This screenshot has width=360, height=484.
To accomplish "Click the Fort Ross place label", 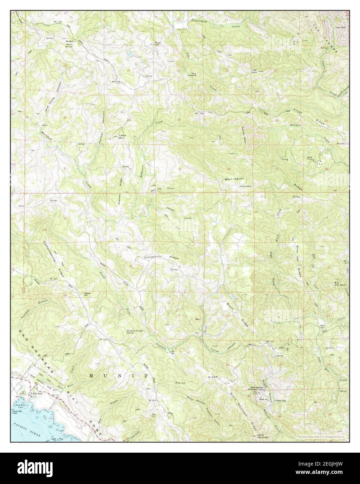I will [x=33, y=394].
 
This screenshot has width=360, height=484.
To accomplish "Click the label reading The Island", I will [x=193, y=75].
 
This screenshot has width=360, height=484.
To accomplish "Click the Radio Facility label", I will [x=245, y=186].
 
